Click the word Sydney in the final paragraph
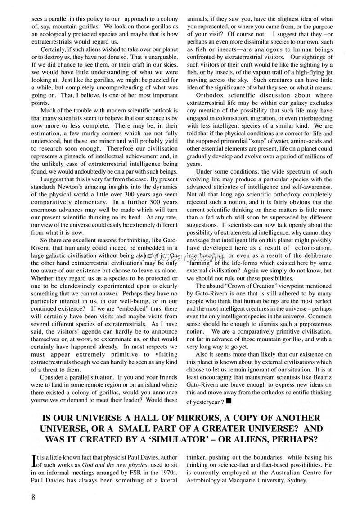coord(293,480)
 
